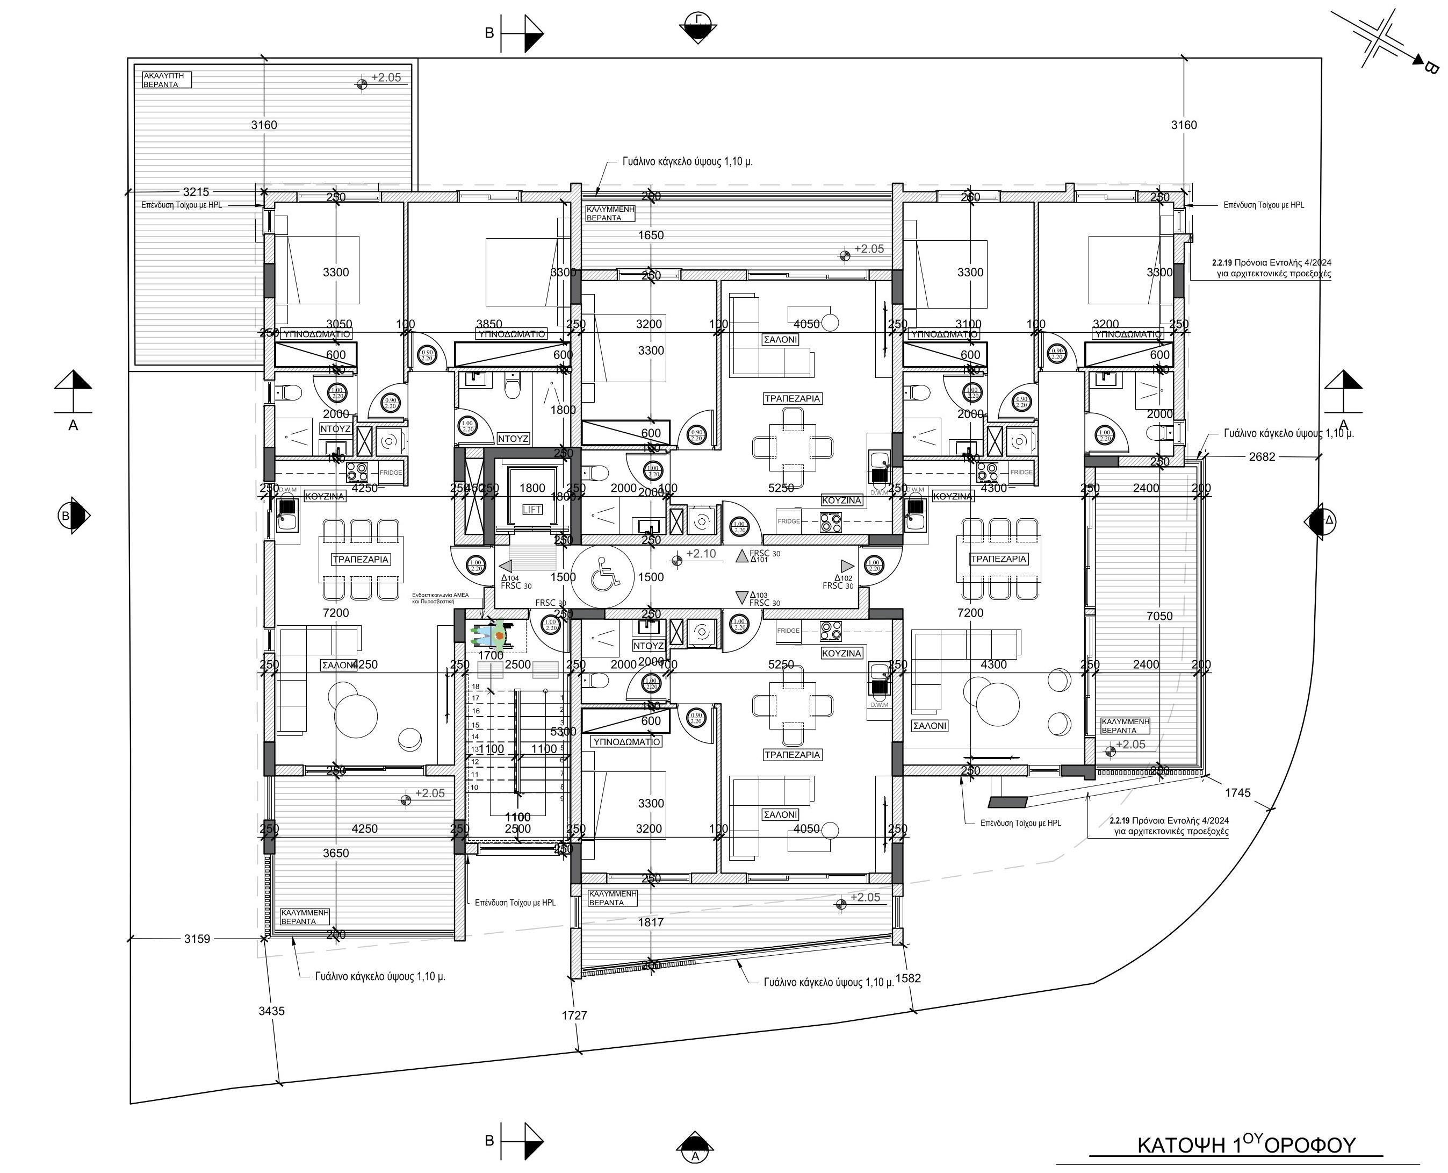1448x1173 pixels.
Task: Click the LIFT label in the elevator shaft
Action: (531, 510)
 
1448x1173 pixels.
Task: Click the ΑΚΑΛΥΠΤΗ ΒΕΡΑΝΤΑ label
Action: (163, 81)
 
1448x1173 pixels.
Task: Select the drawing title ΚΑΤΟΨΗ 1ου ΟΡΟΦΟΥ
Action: (1247, 1145)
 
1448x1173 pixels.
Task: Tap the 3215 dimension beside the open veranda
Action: (197, 192)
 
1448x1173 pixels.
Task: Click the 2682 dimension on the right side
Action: (1262, 457)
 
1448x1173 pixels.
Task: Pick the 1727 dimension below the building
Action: (574, 1015)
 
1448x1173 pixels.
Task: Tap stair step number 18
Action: (476, 686)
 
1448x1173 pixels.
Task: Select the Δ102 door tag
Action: (843, 578)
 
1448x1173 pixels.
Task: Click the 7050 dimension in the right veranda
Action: (1159, 616)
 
